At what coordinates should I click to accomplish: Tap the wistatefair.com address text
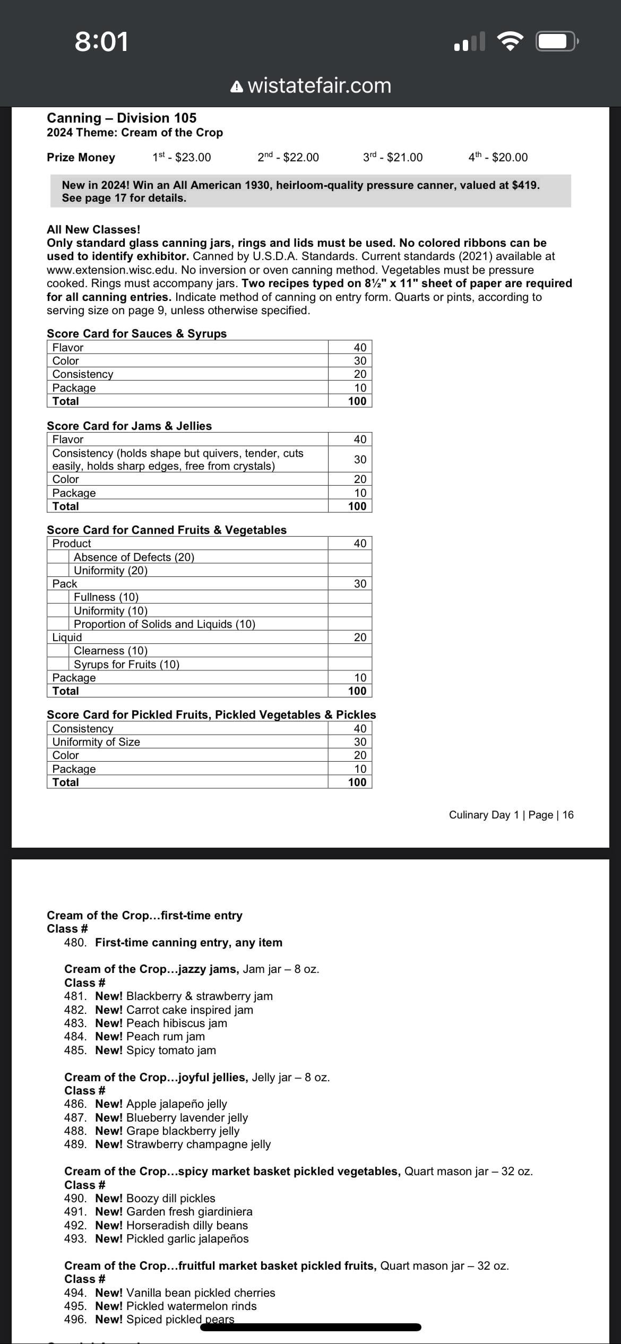[x=319, y=85]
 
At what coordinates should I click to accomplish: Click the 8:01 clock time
[x=101, y=41]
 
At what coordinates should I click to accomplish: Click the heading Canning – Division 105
[x=122, y=118]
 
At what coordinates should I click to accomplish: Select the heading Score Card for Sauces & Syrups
[x=136, y=333]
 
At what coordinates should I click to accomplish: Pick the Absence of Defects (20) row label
[x=134, y=557]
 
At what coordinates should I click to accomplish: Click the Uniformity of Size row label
[x=96, y=742]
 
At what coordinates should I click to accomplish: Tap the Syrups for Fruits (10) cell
[x=126, y=664]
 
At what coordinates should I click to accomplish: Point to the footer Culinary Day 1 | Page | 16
[x=511, y=815]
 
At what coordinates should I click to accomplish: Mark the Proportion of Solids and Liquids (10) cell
[x=165, y=624]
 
